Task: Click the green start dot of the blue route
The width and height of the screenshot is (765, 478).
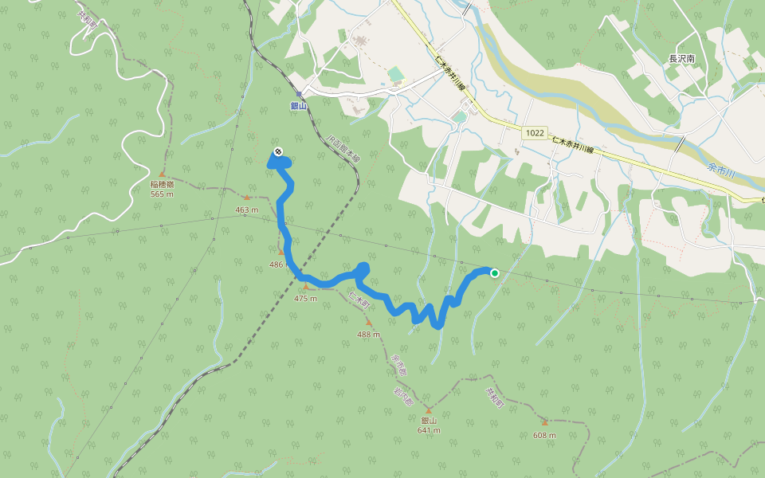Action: (x=494, y=273)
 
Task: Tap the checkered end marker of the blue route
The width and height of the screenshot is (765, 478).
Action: (x=277, y=151)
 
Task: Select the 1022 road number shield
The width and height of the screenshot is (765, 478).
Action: (x=535, y=133)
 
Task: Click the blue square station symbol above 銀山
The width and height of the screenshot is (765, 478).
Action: (x=299, y=94)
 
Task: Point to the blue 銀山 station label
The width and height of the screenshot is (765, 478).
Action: (x=299, y=104)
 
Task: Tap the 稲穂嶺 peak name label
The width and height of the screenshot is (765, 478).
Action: (x=162, y=184)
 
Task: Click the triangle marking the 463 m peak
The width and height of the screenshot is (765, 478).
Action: (x=247, y=198)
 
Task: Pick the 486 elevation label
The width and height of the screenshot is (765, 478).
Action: (x=277, y=264)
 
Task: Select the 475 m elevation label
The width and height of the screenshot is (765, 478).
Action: (x=305, y=298)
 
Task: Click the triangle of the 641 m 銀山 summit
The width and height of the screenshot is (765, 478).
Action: (x=428, y=411)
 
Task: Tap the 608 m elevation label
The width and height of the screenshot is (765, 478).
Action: (x=545, y=435)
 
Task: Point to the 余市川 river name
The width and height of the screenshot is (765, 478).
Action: (x=724, y=168)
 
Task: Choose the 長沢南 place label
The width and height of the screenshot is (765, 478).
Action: (x=682, y=59)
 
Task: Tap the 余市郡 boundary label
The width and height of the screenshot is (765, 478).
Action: (x=398, y=366)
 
